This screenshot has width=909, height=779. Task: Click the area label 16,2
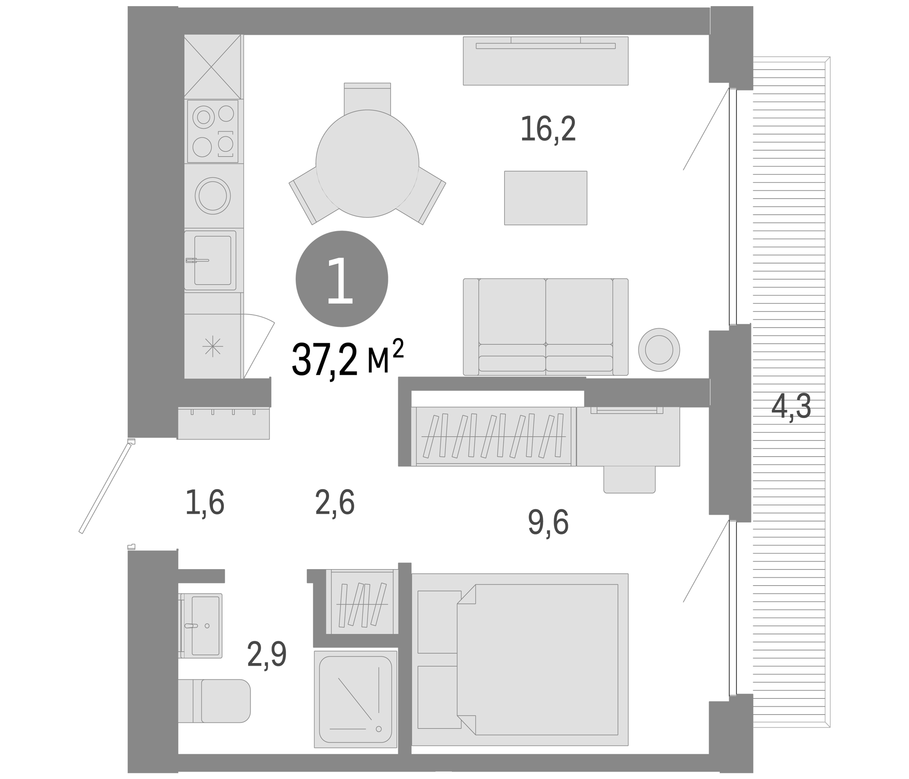tap(548, 129)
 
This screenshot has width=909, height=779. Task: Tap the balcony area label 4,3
tap(791, 407)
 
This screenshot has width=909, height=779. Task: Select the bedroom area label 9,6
tap(548, 522)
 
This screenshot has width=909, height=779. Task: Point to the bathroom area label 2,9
tap(267, 654)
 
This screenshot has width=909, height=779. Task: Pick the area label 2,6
tap(335, 503)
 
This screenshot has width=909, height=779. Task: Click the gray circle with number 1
tap(342, 279)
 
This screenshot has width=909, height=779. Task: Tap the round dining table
tap(367, 163)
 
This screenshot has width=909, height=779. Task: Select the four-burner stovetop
tap(213, 131)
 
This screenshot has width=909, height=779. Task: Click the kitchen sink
tap(210, 260)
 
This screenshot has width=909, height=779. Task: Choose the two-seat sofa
tap(546, 326)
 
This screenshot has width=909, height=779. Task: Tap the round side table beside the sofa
tap(659, 350)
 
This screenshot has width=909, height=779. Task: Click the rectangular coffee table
tap(545, 198)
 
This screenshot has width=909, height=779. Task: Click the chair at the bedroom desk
tap(629, 480)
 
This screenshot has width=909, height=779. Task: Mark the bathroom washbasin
tap(201, 625)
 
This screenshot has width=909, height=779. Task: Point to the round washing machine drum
tap(213, 196)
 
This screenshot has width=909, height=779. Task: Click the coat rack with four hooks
tap(223, 423)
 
